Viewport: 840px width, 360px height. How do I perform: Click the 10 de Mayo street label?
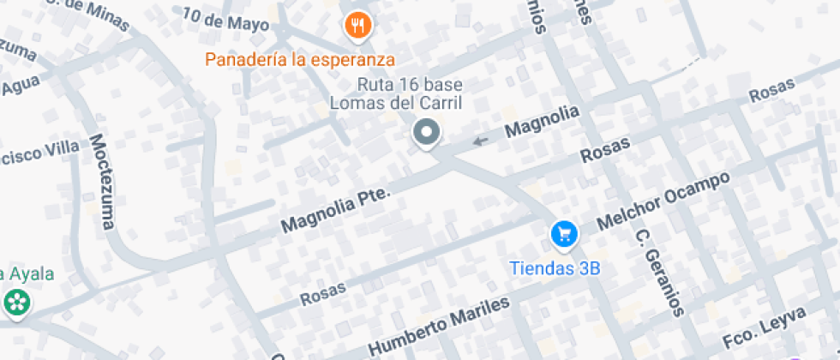click(x=225, y=19)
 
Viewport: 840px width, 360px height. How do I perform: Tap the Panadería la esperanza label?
click(x=300, y=60)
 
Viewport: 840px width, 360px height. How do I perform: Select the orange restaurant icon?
click(x=357, y=27)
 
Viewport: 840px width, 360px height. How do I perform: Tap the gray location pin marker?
click(x=426, y=133)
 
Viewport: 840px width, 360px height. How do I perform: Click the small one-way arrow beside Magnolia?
click(x=481, y=140)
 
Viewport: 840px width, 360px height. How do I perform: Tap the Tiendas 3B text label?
click(x=555, y=267)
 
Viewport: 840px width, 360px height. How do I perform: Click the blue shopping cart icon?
click(x=563, y=232)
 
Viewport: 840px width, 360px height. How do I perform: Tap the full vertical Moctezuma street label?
click(x=101, y=182)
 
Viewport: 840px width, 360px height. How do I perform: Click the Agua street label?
click(x=21, y=86)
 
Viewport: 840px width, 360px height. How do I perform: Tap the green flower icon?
click(x=16, y=302)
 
